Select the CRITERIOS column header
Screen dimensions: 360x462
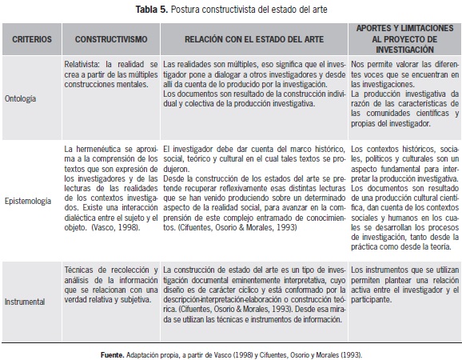click(32, 38)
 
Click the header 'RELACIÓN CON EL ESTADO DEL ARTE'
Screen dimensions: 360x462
click(254, 38)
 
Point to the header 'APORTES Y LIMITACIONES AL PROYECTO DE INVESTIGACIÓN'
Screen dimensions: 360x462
click(404, 38)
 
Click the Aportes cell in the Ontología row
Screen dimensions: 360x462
click(404, 97)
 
